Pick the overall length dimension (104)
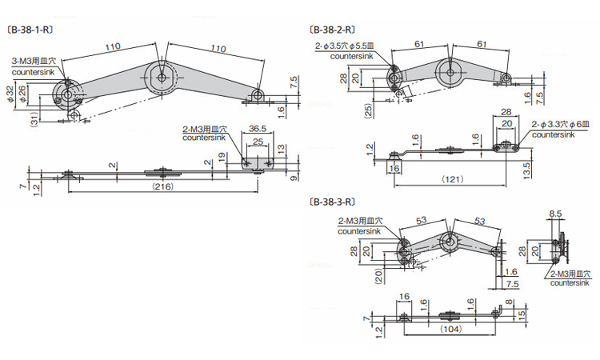tap(450, 327)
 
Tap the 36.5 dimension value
tap(257, 128)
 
